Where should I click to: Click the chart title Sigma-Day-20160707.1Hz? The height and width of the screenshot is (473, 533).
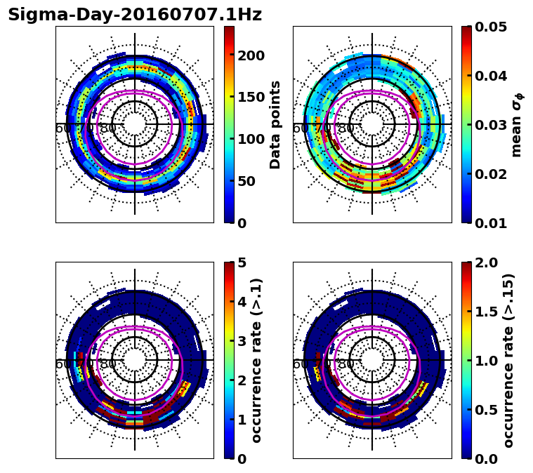tap(135, 15)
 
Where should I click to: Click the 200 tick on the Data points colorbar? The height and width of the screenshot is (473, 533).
tap(251, 55)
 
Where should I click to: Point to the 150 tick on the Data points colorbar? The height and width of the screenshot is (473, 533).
tap(251, 97)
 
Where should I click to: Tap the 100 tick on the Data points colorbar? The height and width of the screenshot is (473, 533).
tap(251, 139)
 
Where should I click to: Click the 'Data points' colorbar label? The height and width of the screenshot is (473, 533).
tap(275, 124)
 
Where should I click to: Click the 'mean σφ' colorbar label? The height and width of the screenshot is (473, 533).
tap(517, 125)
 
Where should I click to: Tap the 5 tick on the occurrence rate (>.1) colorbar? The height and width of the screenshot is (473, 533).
tap(243, 262)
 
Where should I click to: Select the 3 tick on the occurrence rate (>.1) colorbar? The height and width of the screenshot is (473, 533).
tap(243, 341)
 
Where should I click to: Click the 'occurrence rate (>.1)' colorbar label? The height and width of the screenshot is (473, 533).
tap(257, 361)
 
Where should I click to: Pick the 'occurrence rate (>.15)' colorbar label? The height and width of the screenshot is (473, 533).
tap(508, 361)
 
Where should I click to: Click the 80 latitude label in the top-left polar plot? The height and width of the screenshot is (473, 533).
tap(108, 128)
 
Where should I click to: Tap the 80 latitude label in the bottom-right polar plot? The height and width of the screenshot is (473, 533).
tap(346, 364)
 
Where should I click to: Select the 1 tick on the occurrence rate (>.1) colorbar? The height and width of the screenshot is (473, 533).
tap(243, 420)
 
